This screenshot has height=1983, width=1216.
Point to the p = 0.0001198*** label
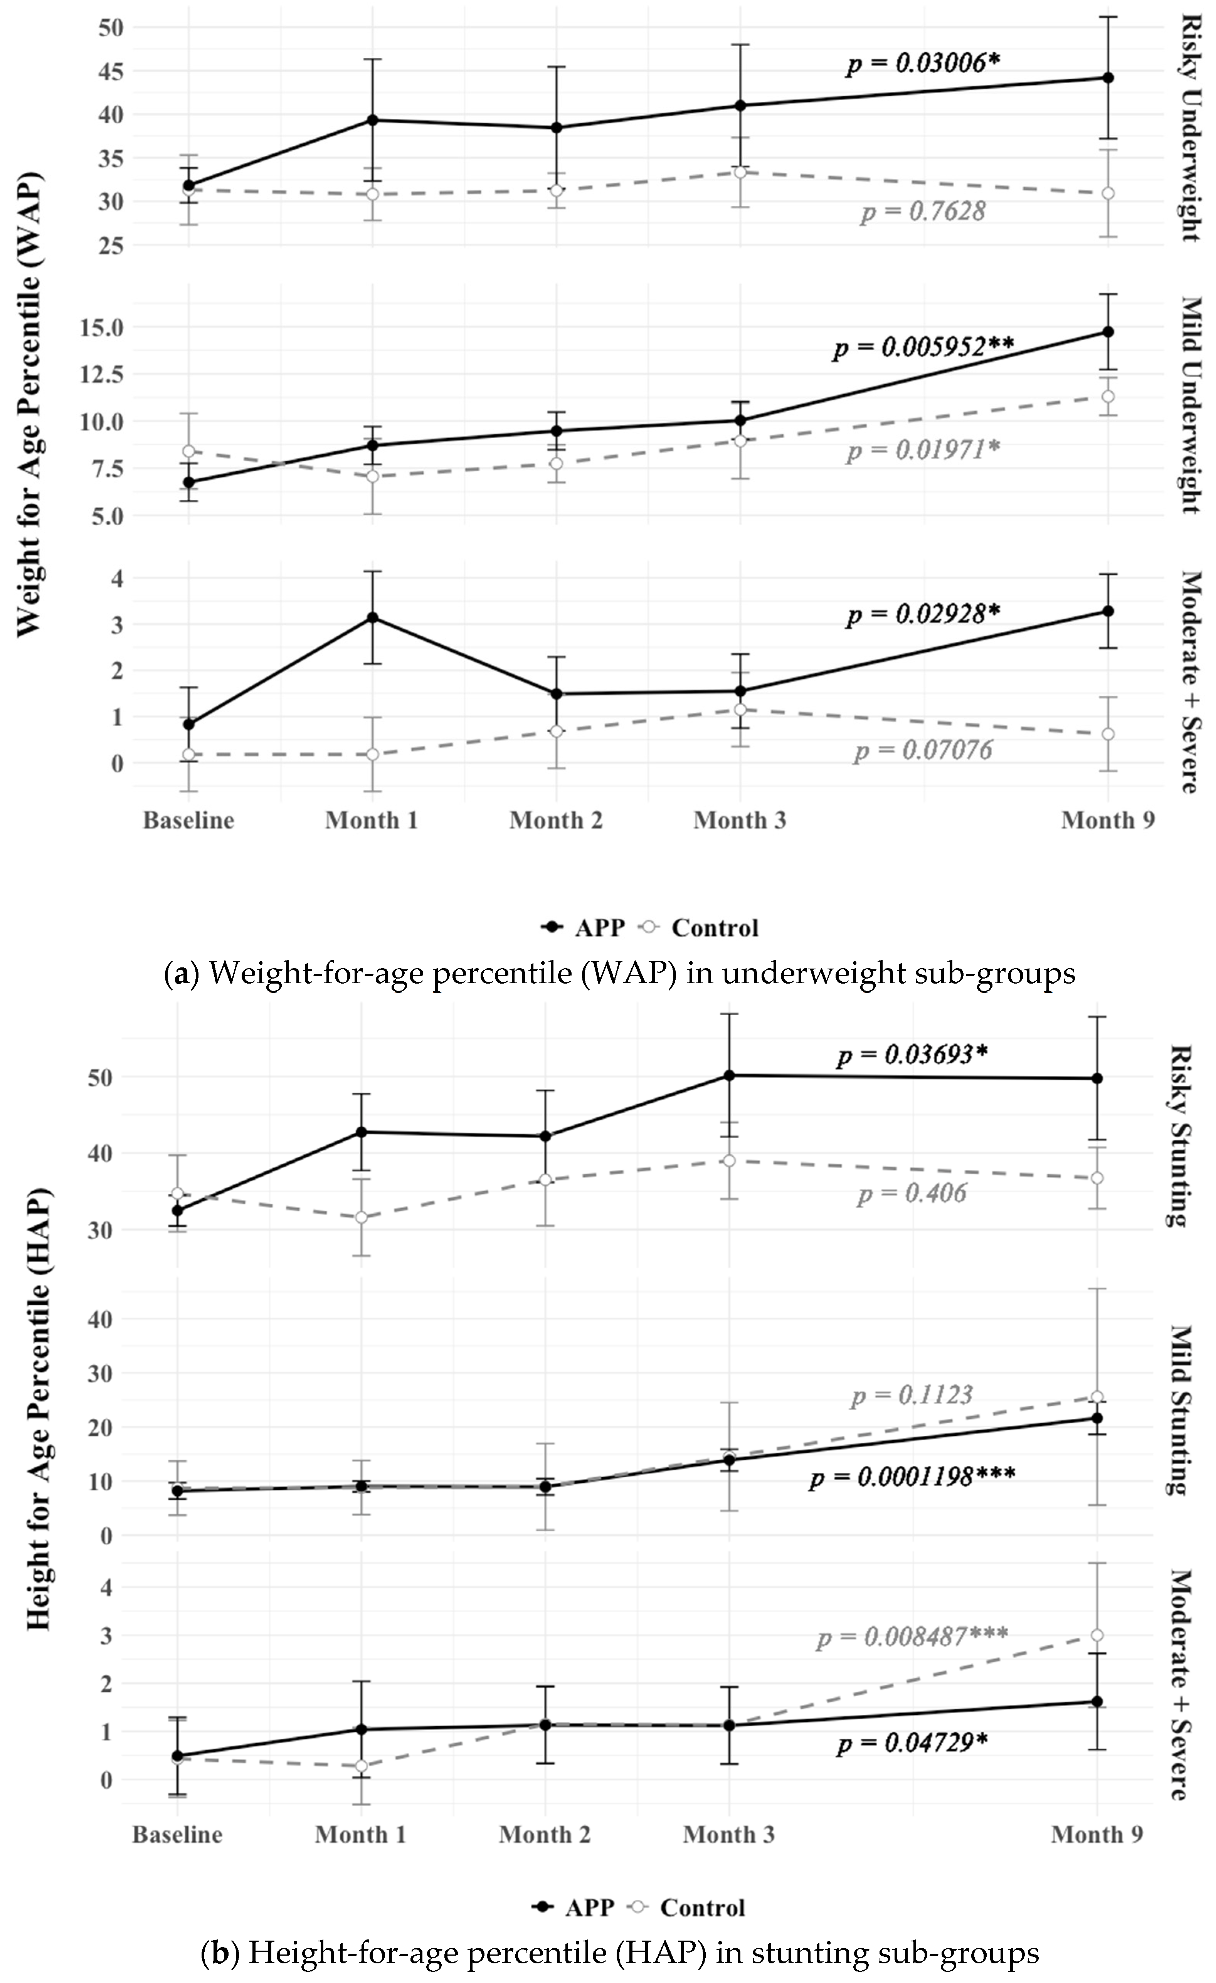912,1478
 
